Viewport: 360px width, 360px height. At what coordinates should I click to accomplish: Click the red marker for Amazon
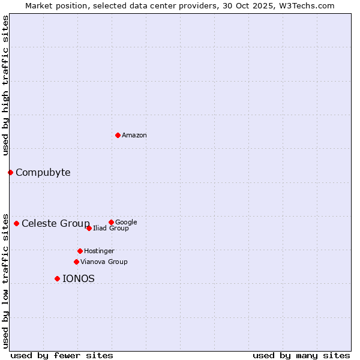[118, 135]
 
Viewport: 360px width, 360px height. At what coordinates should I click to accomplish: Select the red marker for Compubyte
[10, 172]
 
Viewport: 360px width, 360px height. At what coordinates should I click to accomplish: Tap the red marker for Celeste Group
[16, 223]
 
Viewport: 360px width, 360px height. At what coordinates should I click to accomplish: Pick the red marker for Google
[111, 222]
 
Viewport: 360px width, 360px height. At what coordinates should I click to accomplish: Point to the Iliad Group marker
[89, 228]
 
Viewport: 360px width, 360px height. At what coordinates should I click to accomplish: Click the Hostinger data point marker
[80, 251]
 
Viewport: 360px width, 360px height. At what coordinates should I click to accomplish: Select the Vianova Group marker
[76, 262]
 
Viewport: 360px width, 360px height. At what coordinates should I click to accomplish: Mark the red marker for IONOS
[57, 278]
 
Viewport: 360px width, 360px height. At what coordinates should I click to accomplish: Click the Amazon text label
[134, 136]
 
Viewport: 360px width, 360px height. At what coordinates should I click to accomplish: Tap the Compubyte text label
[43, 173]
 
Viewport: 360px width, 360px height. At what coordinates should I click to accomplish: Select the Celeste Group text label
[56, 224]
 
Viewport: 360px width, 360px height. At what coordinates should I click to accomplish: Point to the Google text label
[126, 222]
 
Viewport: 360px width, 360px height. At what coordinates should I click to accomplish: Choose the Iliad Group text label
[111, 229]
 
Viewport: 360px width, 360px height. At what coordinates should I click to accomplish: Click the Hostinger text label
[99, 251]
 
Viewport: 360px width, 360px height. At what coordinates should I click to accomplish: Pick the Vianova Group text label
[104, 262]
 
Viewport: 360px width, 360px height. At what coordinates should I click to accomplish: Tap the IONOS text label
[79, 279]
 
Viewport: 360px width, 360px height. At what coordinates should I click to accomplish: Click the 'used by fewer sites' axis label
[62, 355]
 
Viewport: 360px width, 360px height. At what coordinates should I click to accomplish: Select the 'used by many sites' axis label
[301, 355]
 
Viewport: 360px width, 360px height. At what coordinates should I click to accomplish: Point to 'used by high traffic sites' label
[5, 85]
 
